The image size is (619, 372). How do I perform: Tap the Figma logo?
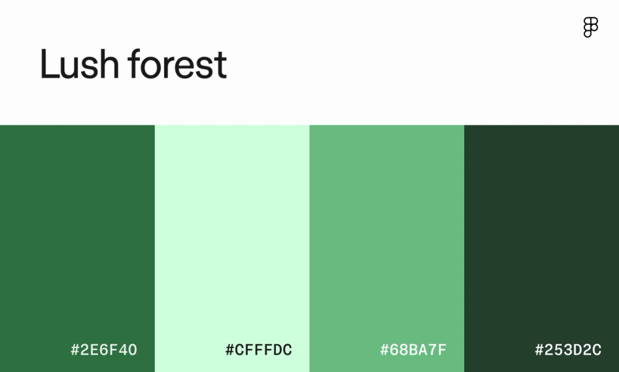591,27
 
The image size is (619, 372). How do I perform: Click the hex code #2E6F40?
104,350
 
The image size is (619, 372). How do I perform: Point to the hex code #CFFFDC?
259,350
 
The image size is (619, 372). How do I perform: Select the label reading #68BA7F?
413,350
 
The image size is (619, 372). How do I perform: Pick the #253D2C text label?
568,350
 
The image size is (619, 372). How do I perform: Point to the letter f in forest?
134,64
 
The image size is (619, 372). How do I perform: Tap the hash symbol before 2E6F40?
76,350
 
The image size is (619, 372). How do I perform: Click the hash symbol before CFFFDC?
230,350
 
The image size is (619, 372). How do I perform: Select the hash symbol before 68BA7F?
385,350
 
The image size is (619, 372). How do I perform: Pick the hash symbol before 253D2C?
540,350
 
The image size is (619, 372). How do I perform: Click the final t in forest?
221,66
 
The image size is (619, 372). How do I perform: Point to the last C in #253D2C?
596,350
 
